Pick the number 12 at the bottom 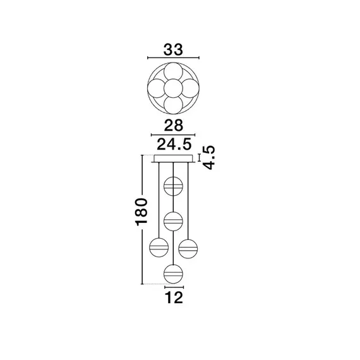(173, 297)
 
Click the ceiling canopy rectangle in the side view (173, 159)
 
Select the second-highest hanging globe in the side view (173, 221)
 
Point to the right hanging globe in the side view (188, 247)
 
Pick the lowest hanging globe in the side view (173, 273)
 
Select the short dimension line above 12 (173, 285)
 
